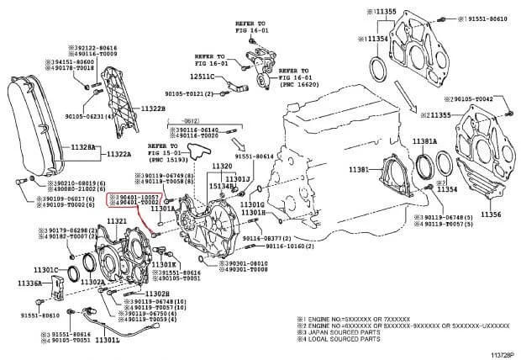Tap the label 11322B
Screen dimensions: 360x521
click(154, 110)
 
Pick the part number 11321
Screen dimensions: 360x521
click(116, 221)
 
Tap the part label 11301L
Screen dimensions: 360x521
click(108, 342)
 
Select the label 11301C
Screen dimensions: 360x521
click(44, 270)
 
